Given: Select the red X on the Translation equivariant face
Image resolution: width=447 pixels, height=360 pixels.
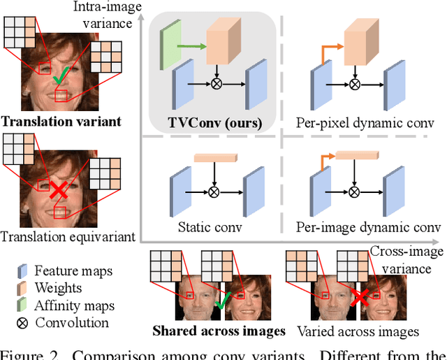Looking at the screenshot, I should (x=58, y=188).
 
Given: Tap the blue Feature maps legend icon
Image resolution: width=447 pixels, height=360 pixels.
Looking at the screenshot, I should (x=23, y=271).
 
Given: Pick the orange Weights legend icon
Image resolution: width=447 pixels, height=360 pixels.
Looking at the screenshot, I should (x=23, y=288).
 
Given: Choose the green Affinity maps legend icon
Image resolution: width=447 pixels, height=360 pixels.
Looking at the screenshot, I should (x=23, y=305).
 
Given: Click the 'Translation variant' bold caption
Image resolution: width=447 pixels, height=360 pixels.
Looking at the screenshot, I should (x=61, y=122).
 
